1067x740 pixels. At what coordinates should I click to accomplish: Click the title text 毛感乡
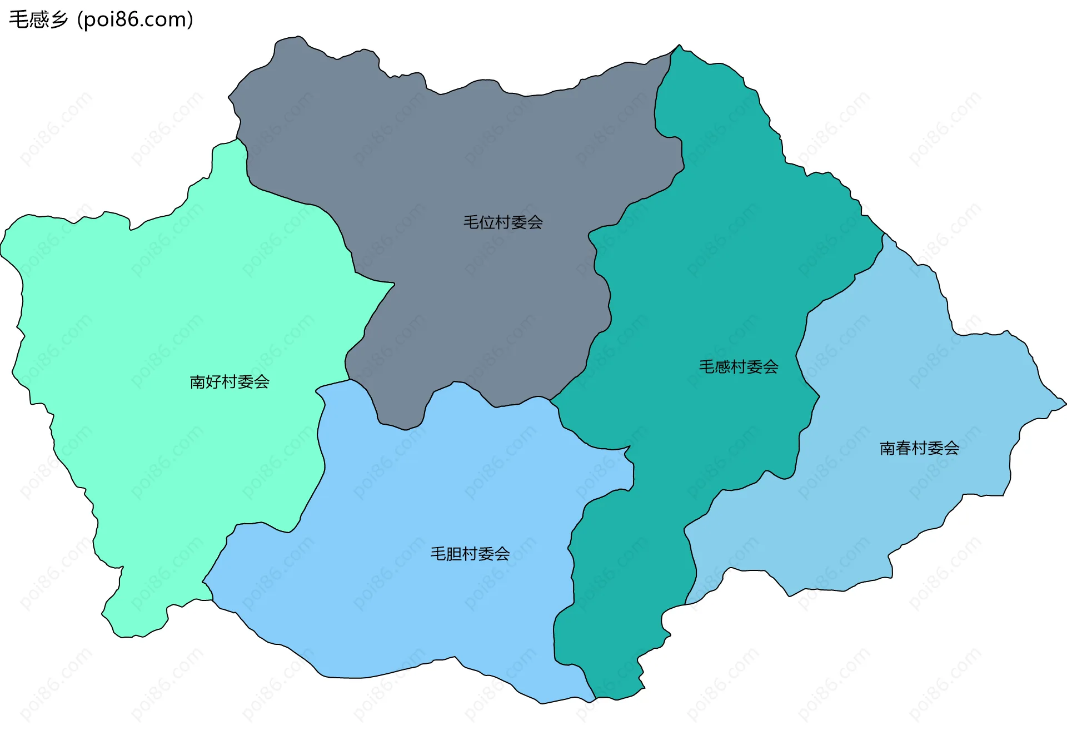point(38,19)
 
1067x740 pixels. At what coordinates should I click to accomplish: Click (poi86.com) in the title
point(135,19)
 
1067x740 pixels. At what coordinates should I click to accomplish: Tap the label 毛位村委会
point(503,222)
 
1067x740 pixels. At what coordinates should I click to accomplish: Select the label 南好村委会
point(230,382)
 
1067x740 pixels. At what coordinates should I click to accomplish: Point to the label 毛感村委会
point(739,367)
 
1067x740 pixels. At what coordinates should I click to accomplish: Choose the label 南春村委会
point(919,448)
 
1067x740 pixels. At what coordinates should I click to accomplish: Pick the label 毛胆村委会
point(470,554)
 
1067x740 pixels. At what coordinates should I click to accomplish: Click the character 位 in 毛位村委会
point(487,222)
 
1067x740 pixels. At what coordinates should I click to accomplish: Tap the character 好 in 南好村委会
point(214,382)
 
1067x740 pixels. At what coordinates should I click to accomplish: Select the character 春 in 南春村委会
point(904,448)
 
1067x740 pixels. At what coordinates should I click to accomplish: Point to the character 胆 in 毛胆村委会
point(455,554)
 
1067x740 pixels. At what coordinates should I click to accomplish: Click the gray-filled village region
point(445,156)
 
